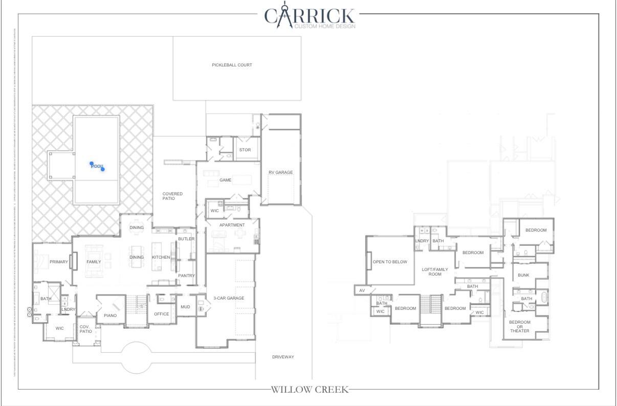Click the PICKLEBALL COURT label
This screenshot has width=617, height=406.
click(x=232, y=65)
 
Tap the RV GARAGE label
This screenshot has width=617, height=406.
click(x=280, y=172)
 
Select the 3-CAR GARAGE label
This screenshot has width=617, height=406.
click(x=229, y=298)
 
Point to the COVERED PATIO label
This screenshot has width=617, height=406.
click(x=172, y=196)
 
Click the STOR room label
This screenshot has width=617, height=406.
click(x=245, y=150)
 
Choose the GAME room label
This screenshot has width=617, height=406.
click(x=226, y=180)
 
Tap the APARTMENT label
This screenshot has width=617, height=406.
click(x=232, y=225)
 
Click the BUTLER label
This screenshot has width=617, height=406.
click(x=186, y=239)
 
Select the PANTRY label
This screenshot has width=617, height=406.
click(x=186, y=276)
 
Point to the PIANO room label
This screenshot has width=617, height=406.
click(x=110, y=315)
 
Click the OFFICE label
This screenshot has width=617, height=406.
click(x=161, y=314)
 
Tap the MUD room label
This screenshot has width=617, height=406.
click(x=185, y=307)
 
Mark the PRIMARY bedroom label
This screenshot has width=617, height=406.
click(x=59, y=262)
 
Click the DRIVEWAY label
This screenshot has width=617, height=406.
click(x=283, y=357)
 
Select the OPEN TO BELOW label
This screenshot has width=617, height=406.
click(x=390, y=262)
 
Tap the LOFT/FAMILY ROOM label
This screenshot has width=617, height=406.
click(x=435, y=272)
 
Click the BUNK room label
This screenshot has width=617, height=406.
click(x=523, y=275)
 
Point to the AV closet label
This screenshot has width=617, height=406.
click(x=362, y=290)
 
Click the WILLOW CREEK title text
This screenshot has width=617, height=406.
click(x=309, y=390)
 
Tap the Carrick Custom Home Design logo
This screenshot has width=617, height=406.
click(x=309, y=17)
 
